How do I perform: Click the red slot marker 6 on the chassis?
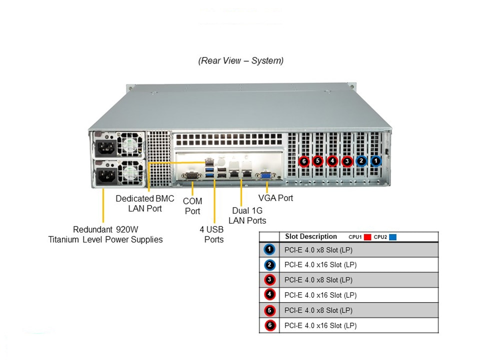click(x=303, y=161)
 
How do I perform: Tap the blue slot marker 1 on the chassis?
click(x=375, y=161)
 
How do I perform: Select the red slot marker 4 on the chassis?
click(x=332, y=161)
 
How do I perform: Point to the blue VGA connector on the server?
click(x=265, y=175)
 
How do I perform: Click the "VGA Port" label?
click(x=275, y=198)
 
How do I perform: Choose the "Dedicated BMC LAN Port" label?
click(x=145, y=203)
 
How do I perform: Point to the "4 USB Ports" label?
click(x=211, y=234)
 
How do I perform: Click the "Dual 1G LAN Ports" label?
click(x=247, y=215)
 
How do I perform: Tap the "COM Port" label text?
click(x=192, y=206)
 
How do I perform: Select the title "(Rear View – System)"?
click(x=241, y=61)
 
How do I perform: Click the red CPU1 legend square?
click(x=368, y=237)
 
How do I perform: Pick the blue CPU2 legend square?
click(x=392, y=237)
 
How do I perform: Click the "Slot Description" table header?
click(x=310, y=236)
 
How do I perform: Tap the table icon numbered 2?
click(x=269, y=265)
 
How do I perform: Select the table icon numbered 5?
click(x=269, y=310)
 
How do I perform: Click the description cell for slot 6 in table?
click(x=320, y=325)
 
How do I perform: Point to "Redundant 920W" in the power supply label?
click(x=105, y=229)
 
